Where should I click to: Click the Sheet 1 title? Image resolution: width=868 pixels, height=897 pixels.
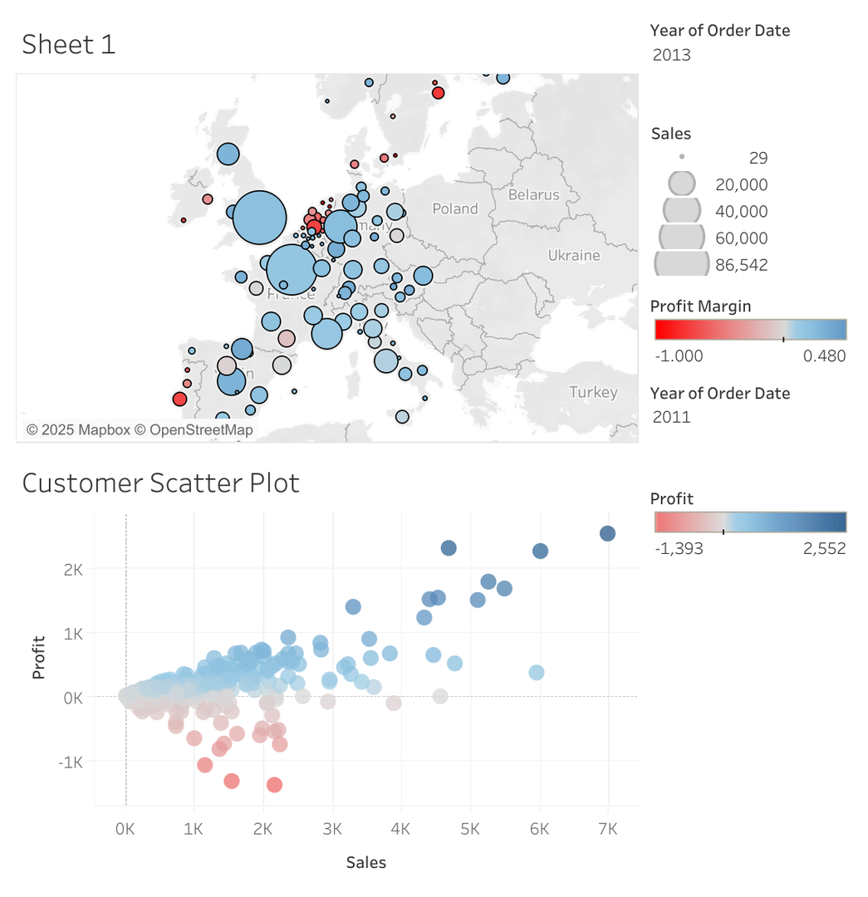[68, 44]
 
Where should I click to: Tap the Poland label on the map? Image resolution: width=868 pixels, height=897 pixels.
[455, 208]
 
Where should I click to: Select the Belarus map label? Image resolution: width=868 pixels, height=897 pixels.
[533, 194]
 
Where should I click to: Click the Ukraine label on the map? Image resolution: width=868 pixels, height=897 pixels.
[573, 255]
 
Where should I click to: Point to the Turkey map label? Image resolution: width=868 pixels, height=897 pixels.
[593, 392]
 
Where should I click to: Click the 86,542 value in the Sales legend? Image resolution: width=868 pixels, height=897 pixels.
[741, 265]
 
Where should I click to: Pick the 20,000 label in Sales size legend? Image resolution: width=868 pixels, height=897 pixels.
[741, 184]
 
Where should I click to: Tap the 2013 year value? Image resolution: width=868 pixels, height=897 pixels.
[671, 56]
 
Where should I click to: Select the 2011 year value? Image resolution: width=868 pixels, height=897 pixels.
[671, 417]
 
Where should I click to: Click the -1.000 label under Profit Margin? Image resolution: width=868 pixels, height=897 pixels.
[679, 356]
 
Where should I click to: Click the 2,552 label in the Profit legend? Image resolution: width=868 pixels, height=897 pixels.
[824, 548]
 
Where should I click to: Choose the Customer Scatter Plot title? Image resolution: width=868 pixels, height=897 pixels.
[160, 483]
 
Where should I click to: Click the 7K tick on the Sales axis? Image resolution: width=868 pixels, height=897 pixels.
[608, 829]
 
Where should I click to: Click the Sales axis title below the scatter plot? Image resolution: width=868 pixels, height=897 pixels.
[365, 862]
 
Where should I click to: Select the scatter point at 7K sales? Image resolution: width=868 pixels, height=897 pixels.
[607, 533]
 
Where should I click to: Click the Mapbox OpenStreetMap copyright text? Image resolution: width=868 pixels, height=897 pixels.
[140, 429]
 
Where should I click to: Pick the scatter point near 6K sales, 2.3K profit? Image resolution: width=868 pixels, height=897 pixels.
[540, 551]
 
